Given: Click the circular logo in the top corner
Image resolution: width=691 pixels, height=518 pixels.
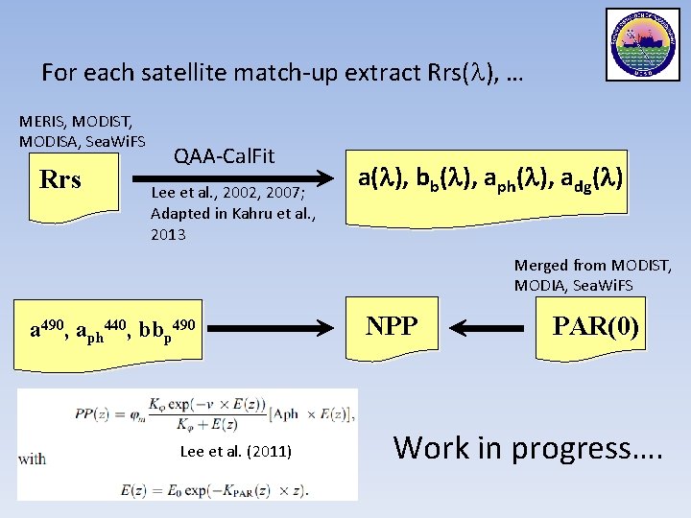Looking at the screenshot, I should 642,45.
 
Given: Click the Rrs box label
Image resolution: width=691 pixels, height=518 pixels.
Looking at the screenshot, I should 60,180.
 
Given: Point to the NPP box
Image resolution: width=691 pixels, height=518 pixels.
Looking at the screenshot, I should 392,326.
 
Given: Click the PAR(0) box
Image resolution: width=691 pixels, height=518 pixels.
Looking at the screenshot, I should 595,326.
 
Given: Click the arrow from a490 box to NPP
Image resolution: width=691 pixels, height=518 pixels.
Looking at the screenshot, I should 274,329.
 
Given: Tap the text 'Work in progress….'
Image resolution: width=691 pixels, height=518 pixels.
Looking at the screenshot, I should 528,447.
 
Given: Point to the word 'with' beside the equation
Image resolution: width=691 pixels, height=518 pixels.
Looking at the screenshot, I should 32,459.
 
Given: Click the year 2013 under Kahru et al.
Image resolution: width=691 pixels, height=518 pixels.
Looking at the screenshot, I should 168,235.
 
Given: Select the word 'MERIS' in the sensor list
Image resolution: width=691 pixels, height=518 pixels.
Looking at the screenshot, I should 41,122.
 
